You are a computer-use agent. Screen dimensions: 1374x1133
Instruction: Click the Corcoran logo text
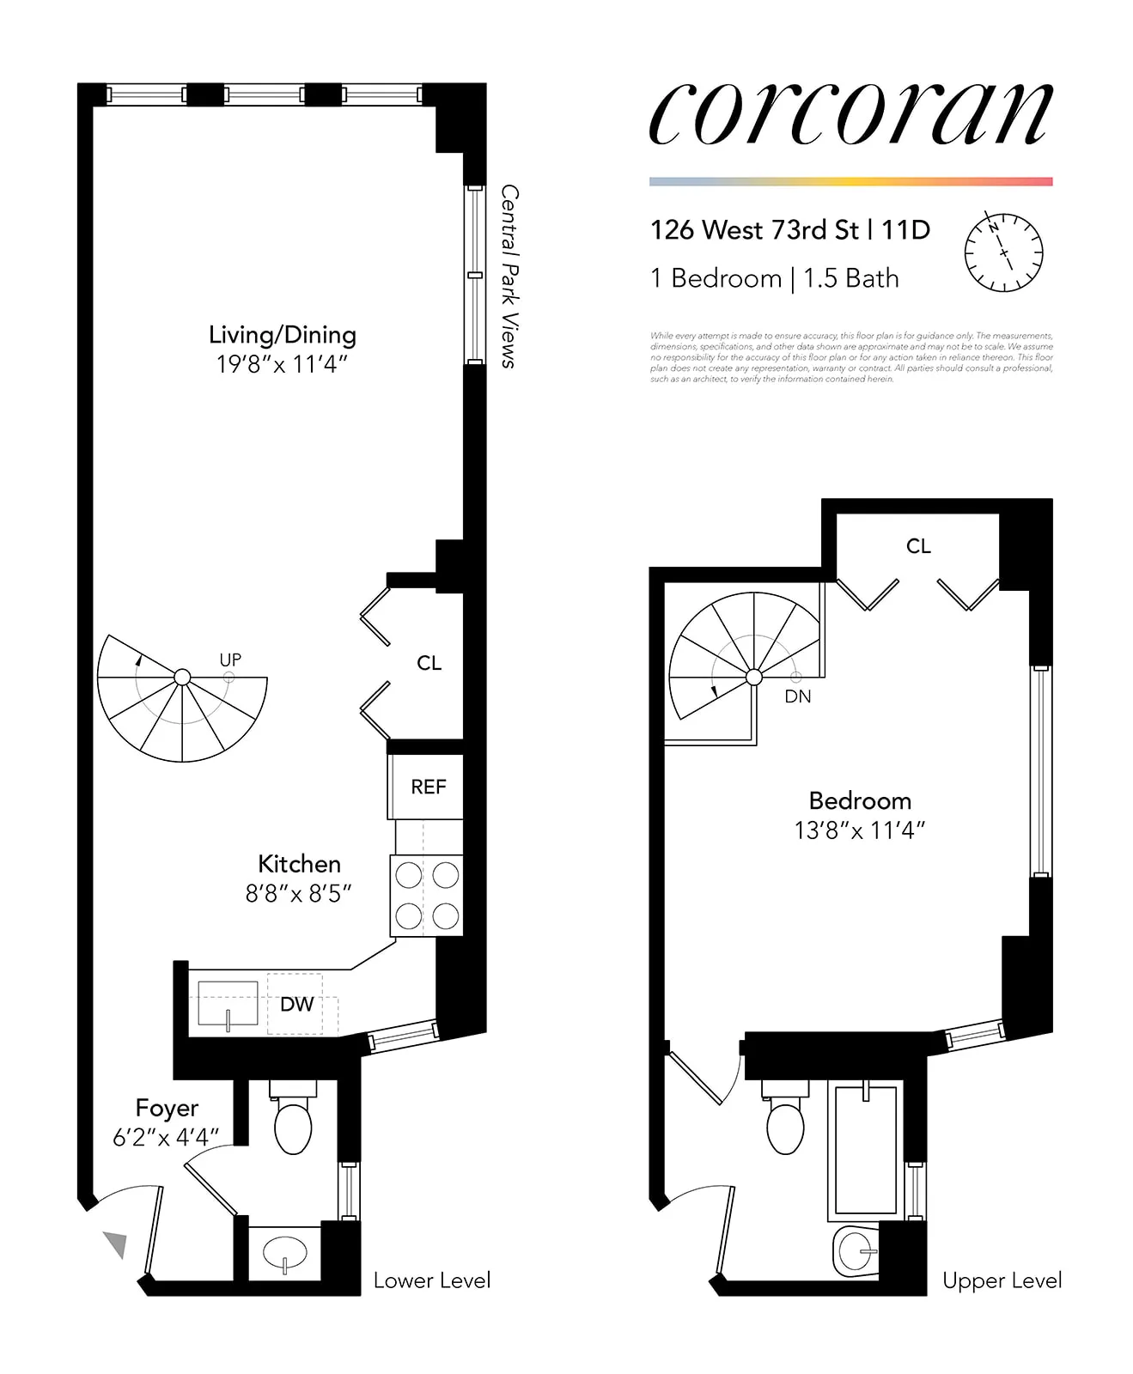pyautogui.click(x=850, y=115)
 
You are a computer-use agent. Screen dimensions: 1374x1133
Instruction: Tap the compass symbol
pyautogui.click(x=1003, y=252)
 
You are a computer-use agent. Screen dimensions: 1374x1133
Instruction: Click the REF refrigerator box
pyautogui.click(x=428, y=787)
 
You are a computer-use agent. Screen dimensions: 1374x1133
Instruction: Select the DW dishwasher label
pyautogui.click(x=296, y=1004)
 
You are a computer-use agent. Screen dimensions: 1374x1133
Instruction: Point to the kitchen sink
pyautogui.click(x=228, y=1004)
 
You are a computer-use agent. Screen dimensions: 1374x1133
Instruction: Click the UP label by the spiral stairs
pyautogui.click(x=230, y=660)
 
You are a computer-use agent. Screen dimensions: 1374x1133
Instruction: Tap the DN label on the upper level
pyautogui.click(x=797, y=696)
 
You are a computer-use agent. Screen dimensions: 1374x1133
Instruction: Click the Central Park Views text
pyautogui.click(x=509, y=276)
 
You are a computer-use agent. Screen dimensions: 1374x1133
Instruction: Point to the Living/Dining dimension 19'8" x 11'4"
pyautogui.click(x=282, y=364)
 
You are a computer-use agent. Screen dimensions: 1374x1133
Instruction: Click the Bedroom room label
pyautogui.click(x=860, y=800)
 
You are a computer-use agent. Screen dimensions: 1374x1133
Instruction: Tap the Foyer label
pyautogui.click(x=167, y=1108)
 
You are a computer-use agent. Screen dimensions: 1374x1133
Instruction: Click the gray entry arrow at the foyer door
pyautogui.click(x=116, y=1243)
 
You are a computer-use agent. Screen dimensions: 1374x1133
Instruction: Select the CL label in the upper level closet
pyautogui.click(x=918, y=546)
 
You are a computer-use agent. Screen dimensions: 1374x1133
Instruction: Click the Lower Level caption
pyautogui.click(x=432, y=1280)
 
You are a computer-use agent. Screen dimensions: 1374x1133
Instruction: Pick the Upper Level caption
pyautogui.click(x=1002, y=1280)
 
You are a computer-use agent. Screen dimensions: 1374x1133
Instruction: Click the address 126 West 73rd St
pyautogui.click(x=754, y=230)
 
